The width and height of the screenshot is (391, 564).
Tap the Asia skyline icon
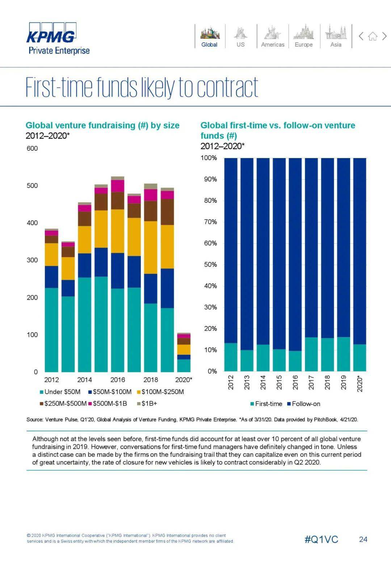(336, 33)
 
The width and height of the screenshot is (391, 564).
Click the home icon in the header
(373, 36)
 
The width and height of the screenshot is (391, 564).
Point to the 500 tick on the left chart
(32, 185)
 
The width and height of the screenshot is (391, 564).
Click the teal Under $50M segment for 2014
(84, 324)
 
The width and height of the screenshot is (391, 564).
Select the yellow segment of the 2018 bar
(151, 247)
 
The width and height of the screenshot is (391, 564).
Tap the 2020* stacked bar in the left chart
(184, 352)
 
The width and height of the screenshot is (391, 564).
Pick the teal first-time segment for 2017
(311, 354)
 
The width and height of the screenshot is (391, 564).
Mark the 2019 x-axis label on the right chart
(344, 382)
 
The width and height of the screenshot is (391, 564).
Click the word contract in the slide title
(227, 87)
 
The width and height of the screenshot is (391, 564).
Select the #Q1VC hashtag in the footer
(321, 539)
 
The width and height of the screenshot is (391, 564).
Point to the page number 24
(363, 539)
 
